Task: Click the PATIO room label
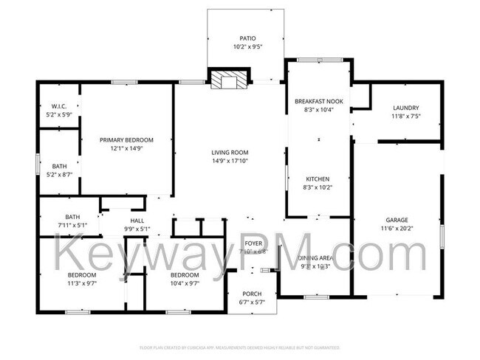[x=247, y=38]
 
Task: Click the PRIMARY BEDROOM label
[x=127, y=139]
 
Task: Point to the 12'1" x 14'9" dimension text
[x=127, y=148]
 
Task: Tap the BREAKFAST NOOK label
[x=318, y=101]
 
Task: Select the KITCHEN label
[x=318, y=179]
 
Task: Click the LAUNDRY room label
[x=405, y=108]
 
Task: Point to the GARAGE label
[x=397, y=220]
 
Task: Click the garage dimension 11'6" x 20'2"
[x=397, y=228]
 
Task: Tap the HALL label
[x=137, y=221]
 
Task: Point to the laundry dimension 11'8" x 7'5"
[x=405, y=116]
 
